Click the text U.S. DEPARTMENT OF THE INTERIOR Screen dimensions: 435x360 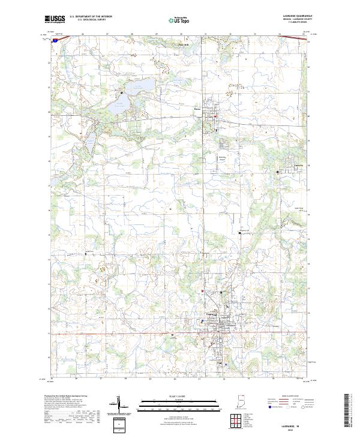pyautogui.click(x=91, y=16)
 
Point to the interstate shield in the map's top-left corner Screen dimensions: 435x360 pyautogui.click(x=55, y=42)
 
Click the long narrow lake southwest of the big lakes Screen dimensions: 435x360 pyautogui.click(x=88, y=142)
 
